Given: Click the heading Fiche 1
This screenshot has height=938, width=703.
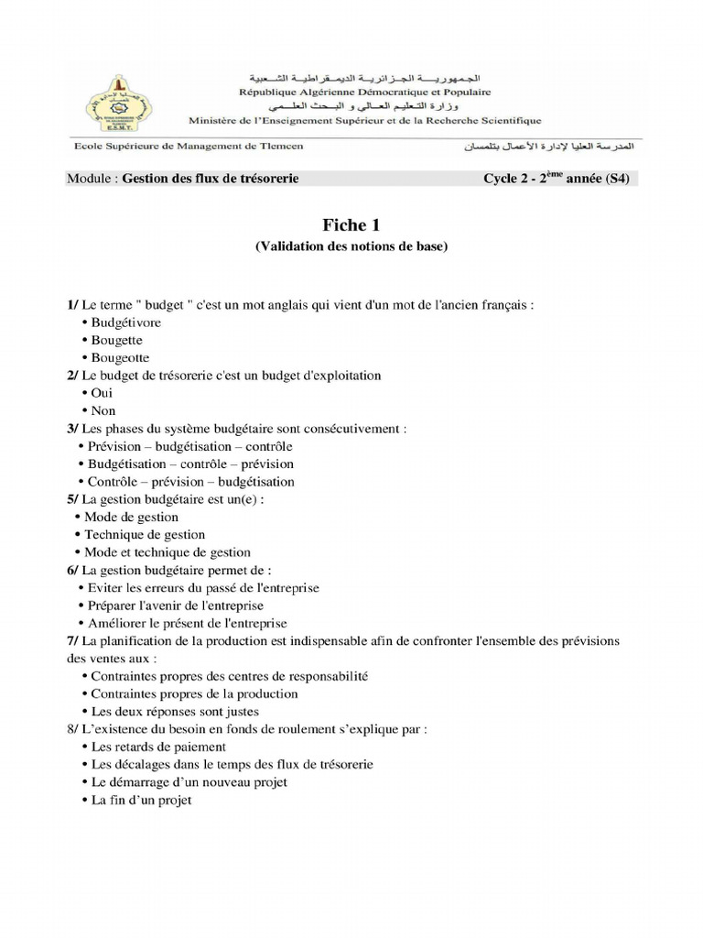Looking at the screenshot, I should click(x=351, y=225).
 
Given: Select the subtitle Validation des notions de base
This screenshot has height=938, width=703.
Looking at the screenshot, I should click(x=351, y=246).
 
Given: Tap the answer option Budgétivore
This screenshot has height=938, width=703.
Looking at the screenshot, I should click(x=125, y=322).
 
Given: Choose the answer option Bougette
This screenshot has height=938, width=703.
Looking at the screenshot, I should click(x=116, y=340).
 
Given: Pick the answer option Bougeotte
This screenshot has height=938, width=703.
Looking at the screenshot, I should click(x=120, y=358).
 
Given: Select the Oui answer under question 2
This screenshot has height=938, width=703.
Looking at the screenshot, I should click(x=102, y=393).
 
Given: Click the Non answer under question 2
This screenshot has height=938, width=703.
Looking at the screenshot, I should click(x=103, y=411).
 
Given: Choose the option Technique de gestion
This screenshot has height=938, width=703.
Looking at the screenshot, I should click(x=145, y=534).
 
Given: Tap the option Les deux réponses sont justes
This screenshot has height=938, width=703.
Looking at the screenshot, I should click(x=175, y=711).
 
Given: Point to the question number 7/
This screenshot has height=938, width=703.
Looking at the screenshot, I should click(x=72, y=641).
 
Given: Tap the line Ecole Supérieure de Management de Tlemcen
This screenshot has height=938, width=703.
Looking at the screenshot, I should click(x=189, y=147).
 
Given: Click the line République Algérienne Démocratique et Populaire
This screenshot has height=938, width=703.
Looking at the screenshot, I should click(x=364, y=92).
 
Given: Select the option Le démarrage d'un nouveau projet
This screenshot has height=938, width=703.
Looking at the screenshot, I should click(x=189, y=782).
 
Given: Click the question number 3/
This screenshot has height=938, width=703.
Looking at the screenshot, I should click(x=72, y=428).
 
